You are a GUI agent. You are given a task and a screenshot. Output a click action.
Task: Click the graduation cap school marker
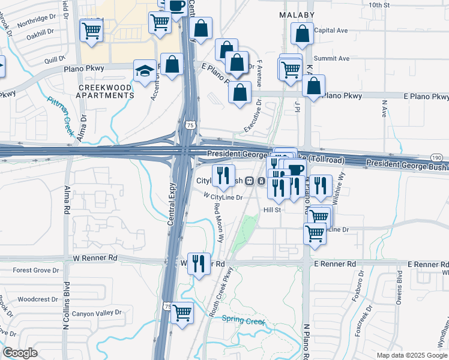(145, 72)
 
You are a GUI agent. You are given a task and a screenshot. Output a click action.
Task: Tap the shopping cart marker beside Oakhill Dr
(91, 29)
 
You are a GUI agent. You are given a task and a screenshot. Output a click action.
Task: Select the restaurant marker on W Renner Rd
(199, 263)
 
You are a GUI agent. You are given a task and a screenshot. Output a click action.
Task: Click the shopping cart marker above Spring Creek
(182, 313)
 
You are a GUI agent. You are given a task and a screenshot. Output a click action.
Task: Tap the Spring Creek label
(243, 320)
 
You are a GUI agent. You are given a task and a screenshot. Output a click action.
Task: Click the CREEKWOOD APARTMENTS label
(106, 92)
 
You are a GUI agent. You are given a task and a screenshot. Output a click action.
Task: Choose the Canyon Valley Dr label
(97, 313)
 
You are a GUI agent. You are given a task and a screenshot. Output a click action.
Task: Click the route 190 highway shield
(436, 157)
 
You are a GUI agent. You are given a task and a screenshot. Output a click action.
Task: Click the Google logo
(20, 353)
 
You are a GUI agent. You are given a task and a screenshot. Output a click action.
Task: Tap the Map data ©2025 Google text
(411, 355)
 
